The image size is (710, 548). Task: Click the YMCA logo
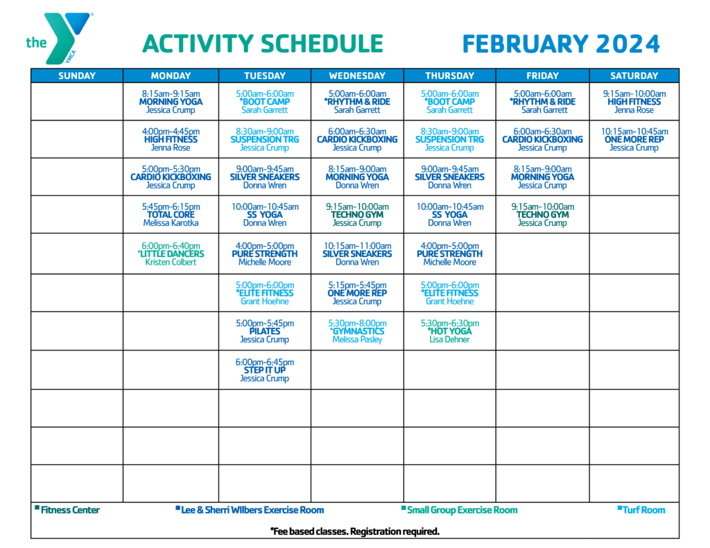coord(60,38)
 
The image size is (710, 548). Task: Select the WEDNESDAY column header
coord(357,76)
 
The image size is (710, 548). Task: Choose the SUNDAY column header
coord(77,76)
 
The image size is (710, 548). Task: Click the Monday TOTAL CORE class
coord(171,215)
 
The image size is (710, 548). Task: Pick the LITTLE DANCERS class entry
coord(171,254)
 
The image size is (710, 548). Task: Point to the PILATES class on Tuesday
coord(265,331)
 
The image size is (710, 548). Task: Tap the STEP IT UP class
coord(265,370)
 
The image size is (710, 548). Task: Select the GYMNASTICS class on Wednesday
coord(357,331)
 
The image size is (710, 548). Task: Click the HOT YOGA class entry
coord(449,331)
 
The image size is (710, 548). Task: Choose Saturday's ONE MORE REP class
coord(634,139)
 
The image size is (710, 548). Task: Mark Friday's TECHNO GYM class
coord(542,215)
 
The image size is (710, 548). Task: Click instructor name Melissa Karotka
coord(171,222)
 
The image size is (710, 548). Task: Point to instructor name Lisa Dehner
coord(449,339)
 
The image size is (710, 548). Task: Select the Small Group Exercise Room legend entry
coord(459,510)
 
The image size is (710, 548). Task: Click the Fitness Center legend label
coord(67,510)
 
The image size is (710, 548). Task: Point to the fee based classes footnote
coord(355,531)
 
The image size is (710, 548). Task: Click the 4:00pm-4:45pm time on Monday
coord(171,131)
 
